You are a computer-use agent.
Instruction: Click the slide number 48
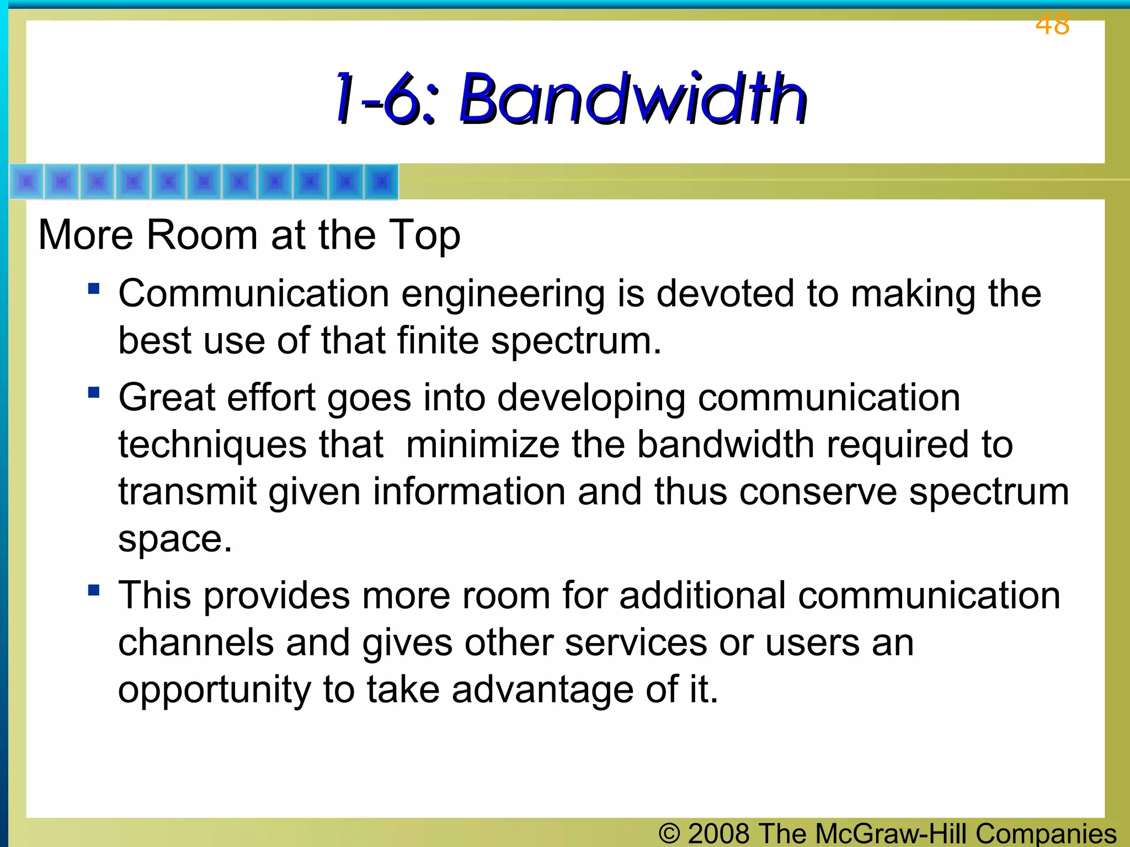point(1052,25)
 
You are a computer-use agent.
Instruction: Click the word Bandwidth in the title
point(633,99)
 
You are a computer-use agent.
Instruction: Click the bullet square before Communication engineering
point(94,288)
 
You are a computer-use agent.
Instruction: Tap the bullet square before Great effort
point(94,392)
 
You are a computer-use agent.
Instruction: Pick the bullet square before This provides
point(94,591)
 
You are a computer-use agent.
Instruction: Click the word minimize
point(482,444)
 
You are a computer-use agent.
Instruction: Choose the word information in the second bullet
point(469,491)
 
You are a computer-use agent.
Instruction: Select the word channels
point(196,643)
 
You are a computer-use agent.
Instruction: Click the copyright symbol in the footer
point(669,833)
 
